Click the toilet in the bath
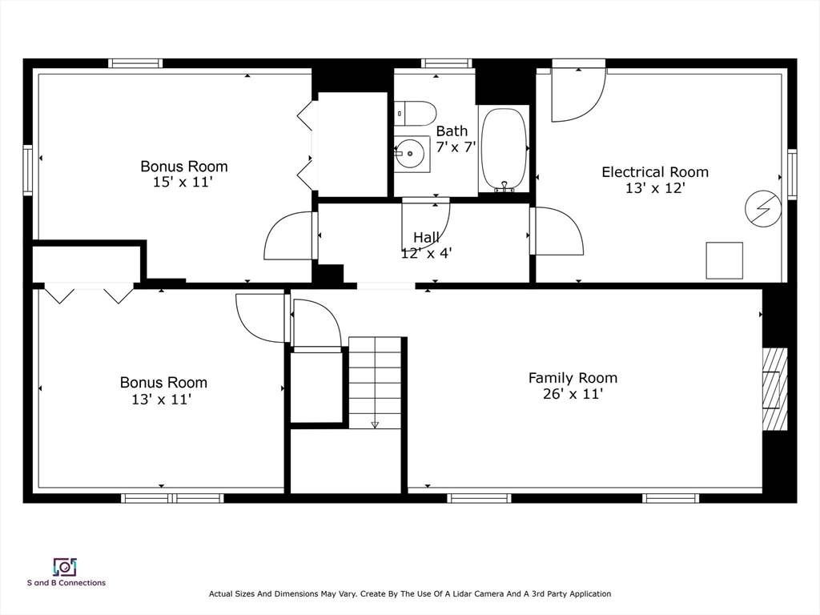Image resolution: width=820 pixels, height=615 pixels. tap(415, 113)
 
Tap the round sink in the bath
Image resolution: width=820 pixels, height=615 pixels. tap(412, 151)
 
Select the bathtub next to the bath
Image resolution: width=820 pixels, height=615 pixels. tap(504, 149)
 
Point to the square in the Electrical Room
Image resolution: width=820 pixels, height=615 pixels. tap(724, 260)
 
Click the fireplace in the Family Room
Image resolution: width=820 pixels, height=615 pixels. tap(774, 390)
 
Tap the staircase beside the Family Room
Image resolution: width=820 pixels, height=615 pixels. tap(375, 382)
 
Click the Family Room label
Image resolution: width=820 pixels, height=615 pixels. tap(573, 378)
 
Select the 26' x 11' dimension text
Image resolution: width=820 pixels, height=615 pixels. tap(572, 394)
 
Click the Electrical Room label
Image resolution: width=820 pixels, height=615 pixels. tap(654, 172)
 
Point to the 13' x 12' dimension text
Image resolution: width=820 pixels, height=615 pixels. tap(654, 188)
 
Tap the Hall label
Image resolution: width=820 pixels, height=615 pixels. tap(426, 238)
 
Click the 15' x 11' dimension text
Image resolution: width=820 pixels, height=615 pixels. tap(183, 182)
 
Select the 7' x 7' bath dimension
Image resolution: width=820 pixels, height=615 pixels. tap(456, 147)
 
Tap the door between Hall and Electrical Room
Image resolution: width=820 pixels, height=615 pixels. tap(556, 231)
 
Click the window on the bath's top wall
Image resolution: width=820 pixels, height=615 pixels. tap(446, 63)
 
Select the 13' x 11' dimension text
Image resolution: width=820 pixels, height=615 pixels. tap(161, 399)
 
